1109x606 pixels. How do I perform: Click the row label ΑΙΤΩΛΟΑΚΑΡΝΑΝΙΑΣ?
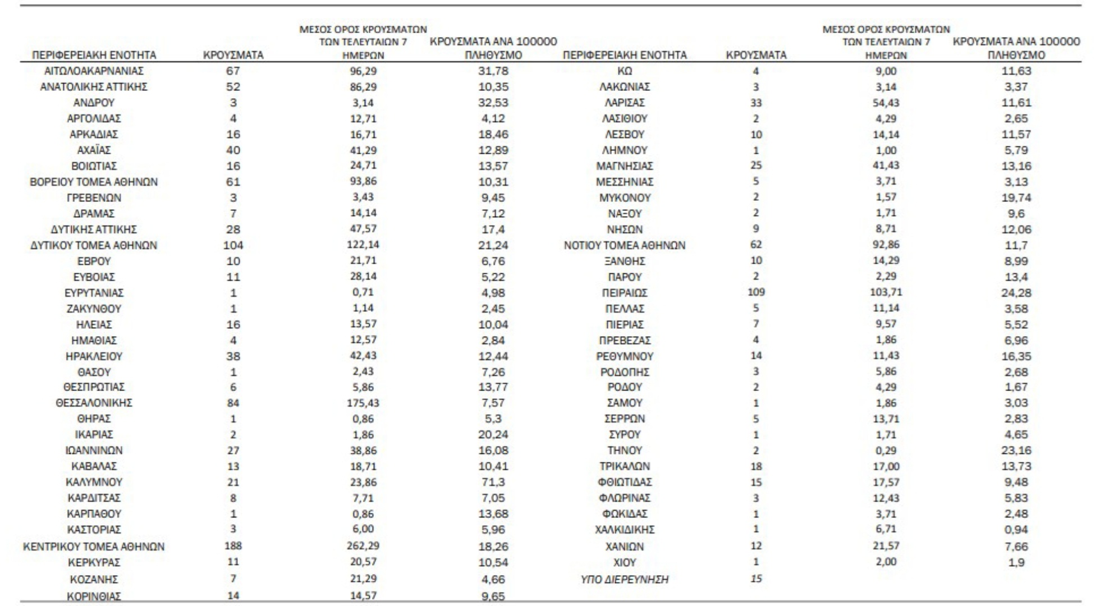(94, 71)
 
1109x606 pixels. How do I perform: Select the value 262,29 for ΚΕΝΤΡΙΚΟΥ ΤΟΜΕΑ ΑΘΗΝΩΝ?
(363, 545)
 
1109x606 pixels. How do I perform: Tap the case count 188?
(233, 545)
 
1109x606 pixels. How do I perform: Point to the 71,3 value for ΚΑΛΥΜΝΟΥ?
(493, 482)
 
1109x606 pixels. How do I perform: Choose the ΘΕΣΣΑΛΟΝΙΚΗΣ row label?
(94, 403)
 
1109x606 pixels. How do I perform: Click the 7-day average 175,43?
(363, 403)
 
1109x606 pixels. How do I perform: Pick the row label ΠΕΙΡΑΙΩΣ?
(625, 293)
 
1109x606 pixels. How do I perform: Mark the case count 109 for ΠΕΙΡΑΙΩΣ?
(756, 292)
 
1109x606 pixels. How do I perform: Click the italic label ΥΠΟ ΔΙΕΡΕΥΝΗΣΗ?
(625, 579)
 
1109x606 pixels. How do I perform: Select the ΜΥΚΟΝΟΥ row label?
(625, 198)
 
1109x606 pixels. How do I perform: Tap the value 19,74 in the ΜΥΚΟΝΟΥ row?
(1016, 198)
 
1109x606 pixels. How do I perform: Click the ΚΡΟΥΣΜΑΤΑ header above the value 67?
(233, 55)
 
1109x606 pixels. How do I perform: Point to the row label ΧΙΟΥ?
(625, 562)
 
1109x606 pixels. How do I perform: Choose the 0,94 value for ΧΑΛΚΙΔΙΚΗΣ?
(1016, 530)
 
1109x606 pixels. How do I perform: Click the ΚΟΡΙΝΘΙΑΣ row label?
(94, 596)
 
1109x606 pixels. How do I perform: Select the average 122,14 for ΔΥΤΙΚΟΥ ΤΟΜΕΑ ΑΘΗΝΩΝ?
(363, 245)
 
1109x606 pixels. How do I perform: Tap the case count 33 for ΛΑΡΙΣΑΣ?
(756, 103)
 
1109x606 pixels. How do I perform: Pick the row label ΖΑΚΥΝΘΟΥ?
(94, 309)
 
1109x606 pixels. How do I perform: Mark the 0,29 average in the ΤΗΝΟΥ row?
(886, 450)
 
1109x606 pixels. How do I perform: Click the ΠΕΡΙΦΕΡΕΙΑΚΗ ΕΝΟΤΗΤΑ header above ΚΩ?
(625, 55)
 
